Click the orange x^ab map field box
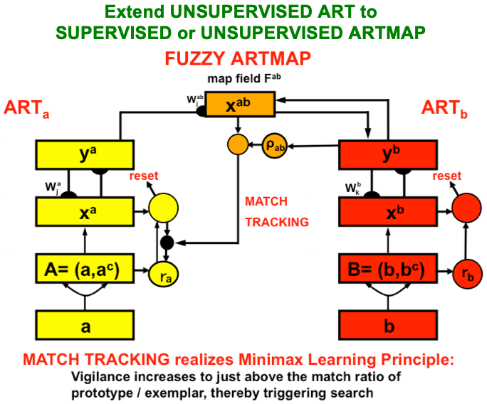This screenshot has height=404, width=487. (241, 107)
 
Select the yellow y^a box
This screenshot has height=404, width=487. (85, 154)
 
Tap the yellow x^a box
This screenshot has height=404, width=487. (85, 211)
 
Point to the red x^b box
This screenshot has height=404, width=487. (388, 211)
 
